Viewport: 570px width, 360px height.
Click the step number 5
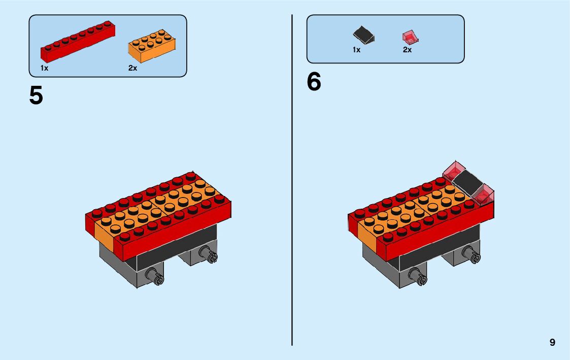tap(36, 95)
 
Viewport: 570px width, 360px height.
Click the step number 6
tap(314, 82)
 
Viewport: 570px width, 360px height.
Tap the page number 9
tap(552, 343)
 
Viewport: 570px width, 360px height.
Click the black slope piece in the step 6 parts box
tap(364, 35)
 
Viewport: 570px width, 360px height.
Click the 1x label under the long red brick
tap(45, 68)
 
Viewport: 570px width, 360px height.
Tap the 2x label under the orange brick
tap(132, 68)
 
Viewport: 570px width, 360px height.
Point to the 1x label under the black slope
tap(356, 50)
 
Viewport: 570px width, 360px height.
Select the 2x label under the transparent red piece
tap(407, 50)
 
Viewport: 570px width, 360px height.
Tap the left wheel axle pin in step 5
tap(154, 276)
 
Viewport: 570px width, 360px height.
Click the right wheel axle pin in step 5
tap(208, 252)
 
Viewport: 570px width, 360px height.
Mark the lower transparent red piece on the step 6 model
tap(485, 195)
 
